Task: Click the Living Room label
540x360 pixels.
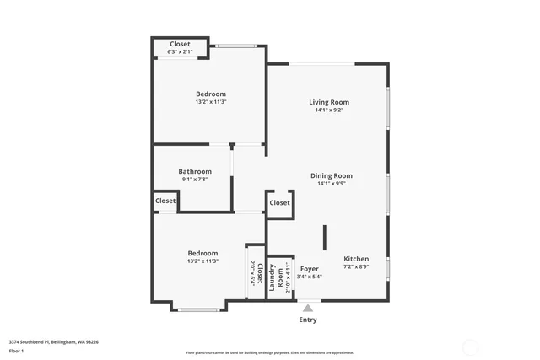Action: pos(328,102)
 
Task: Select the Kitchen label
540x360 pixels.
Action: pos(355,259)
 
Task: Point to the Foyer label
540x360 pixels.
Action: pos(310,268)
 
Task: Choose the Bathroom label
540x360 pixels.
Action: pos(193,171)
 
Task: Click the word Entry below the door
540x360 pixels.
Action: pos(309,320)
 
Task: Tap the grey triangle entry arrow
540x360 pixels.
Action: pos(309,308)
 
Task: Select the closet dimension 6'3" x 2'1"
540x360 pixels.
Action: pos(180,52)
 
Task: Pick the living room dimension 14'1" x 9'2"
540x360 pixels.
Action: pos(328,110)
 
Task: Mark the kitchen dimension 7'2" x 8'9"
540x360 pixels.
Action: pos(355,266)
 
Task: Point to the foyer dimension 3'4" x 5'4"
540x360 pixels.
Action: pos(310,276)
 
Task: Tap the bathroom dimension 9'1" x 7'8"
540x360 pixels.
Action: pos(193,179)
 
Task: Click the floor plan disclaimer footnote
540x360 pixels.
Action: pos(282,352)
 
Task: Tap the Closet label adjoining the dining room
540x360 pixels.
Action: pos(280,202)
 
